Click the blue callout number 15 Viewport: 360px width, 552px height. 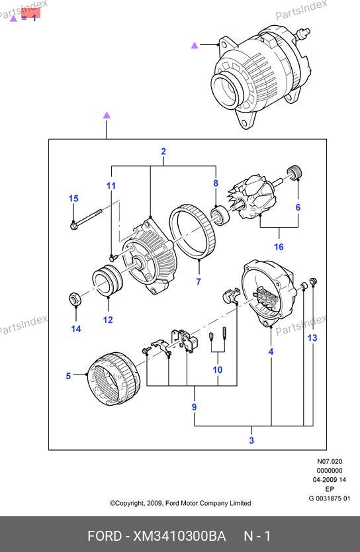(x=73, y=199)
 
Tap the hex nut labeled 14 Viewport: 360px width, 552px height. (x=75, y=299)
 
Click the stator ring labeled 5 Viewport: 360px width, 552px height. (x=113, y=379)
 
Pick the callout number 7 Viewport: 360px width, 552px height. (x=199, y=282)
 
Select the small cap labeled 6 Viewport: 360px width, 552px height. (x=294, y=172)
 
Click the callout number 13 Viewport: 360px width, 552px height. (x=312, y=338)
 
